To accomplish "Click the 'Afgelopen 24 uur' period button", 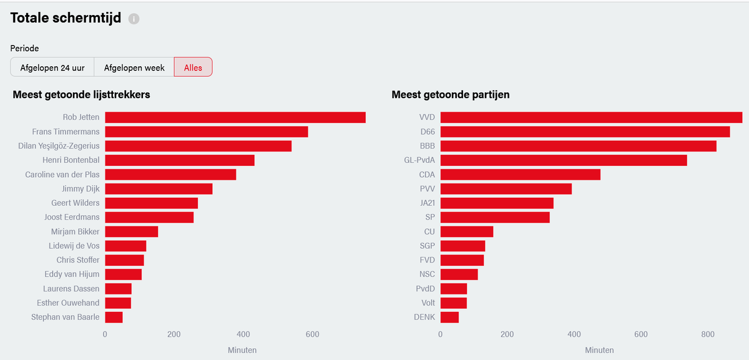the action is click(x=52, y=67).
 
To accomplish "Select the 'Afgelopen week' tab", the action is click(x=134, y=67).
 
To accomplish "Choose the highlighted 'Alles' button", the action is click(x=193, y=67).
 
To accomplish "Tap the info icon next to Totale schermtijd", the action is click(x=134, y=19).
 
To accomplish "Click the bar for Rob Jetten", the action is click(x=235, y=117).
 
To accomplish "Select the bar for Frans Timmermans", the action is click(x=207, y=132).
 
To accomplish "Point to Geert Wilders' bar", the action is click(x=152, y=203).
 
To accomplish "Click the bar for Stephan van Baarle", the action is click(x=114, y=317).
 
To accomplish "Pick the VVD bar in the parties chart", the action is click(x=591, y=117).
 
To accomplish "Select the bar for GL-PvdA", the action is click(x=564, y=160).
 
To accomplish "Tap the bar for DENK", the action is click(x=449, y=317).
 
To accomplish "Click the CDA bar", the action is click(x=521, y=175).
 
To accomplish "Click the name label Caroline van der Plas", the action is click(x=62, y=175).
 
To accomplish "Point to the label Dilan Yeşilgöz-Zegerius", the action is click(x=59, y=146).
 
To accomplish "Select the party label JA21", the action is click(x=428, y=203).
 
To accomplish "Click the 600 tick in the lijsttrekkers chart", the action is click(x=312, y=334).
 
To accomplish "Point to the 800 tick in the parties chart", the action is click(x=708, y=334).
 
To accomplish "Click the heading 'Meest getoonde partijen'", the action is click(x=451, y=95).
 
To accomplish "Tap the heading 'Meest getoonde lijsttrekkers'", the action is click(x=81, y=95).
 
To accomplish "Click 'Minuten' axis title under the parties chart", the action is click(x=599, y=350).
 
